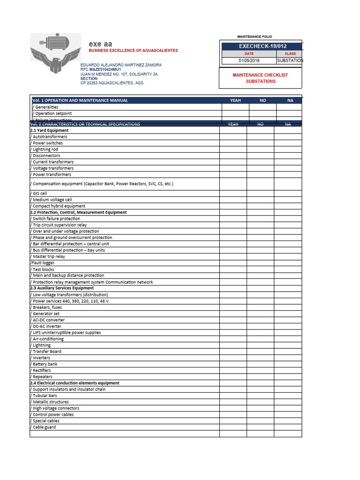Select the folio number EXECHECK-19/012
coord(262,46)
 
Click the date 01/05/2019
coord(248,60)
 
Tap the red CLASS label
coord(290,54)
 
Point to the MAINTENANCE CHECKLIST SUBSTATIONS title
coord(261,78)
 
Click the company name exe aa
coord(100,44)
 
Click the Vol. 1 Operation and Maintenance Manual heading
coord(80,100)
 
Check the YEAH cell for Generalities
coord(235,107)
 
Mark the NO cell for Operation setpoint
coord(262,113)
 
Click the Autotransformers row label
coord(49,137)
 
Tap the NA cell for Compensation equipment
coord(288,184)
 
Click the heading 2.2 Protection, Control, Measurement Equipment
coord(78,212)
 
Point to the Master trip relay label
coord(48,256)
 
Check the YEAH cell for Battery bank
coord(233,364)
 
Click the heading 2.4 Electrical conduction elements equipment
coord(75,383)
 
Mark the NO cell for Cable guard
coord(260,427)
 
